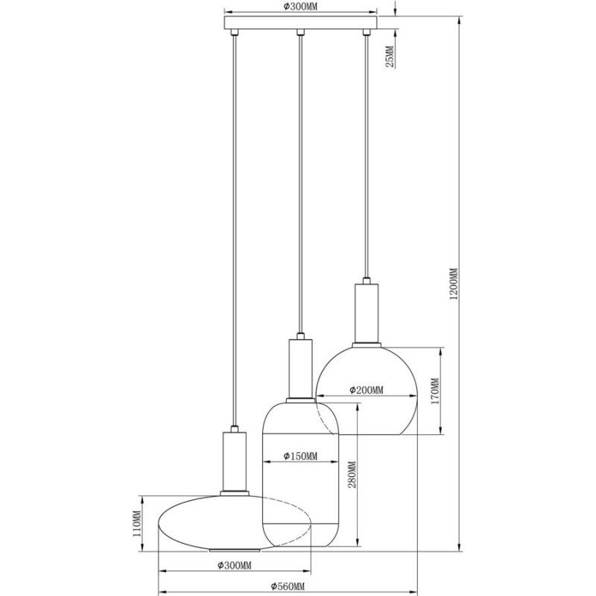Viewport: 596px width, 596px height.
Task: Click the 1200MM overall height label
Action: pyautogui.click(x=454, y=284)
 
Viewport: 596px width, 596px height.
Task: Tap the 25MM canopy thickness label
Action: pyautogui.click(x=390, y=57)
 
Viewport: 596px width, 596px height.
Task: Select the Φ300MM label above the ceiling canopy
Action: pyautogui.click(x=300, y=7)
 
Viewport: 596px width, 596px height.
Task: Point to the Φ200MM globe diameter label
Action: pyautogui.click(x=367, y=390)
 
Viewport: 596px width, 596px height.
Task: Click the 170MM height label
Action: pyautogui.click(x=435, y=390)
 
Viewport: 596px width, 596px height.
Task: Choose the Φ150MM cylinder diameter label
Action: pyautogui.click(x=300, y=456)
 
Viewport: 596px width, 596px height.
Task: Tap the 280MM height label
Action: pyautogui.click(x=352, y=475)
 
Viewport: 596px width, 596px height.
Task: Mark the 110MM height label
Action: pyautogui.click(x=137, y=523)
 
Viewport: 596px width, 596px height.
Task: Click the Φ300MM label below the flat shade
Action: pyautogui.click(x=235, y=565)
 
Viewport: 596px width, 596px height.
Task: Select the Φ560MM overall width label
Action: pyautogui.click(x=288, y=586)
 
